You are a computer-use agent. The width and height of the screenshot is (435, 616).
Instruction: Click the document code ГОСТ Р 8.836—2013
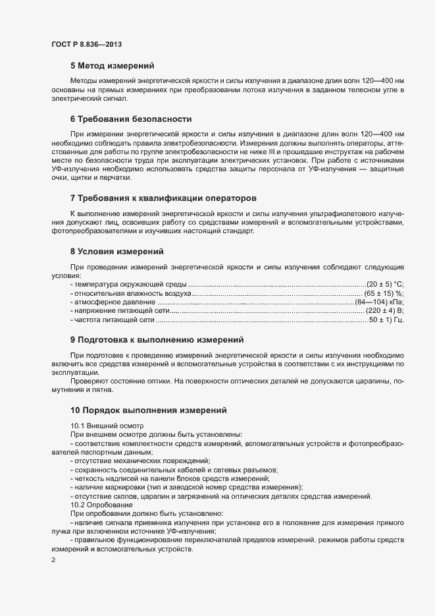[86, 44]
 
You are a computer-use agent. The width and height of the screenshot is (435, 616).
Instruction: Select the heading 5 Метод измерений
[112, 65]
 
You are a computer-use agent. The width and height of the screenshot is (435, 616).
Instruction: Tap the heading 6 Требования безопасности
[130, 119]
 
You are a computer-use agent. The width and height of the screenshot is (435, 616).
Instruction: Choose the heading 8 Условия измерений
[116, 251]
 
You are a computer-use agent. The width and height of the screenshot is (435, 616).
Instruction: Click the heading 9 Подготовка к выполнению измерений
[157, 340]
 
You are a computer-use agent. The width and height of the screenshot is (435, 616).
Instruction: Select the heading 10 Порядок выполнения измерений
[149, 410]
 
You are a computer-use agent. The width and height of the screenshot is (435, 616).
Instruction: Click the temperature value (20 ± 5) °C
[384, 284]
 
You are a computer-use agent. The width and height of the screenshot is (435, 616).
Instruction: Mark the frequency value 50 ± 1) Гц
[386, 320]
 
